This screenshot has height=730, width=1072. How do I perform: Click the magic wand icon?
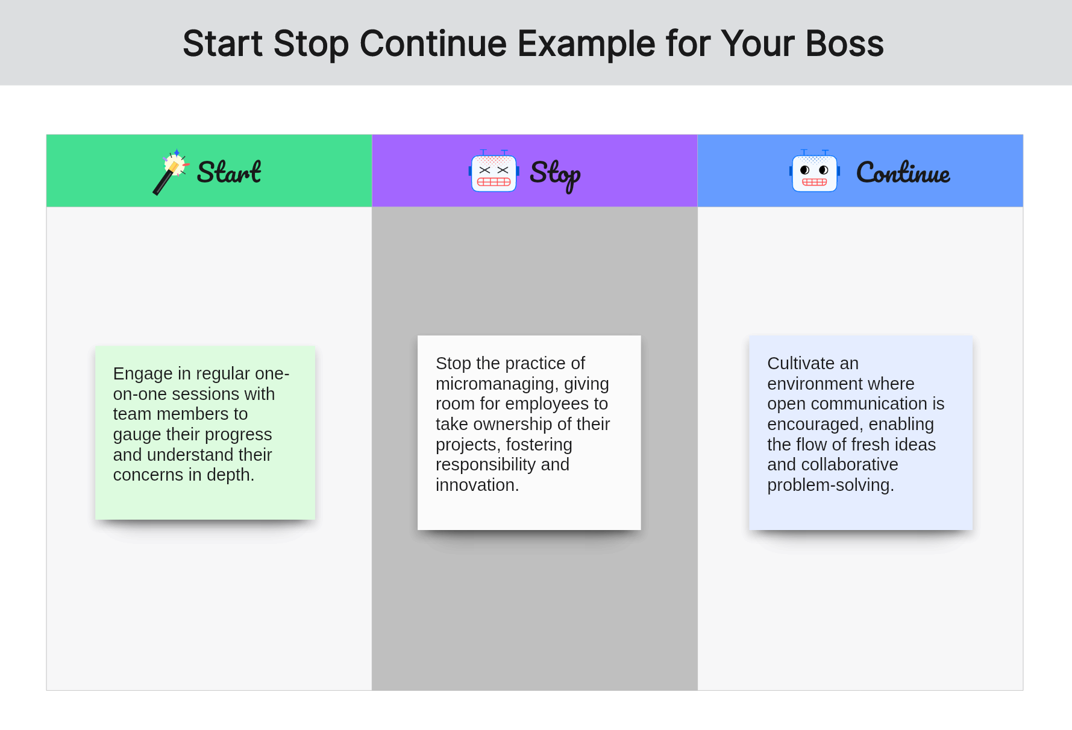[x=171, y=172]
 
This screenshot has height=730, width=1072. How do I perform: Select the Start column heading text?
[x=229, y=172]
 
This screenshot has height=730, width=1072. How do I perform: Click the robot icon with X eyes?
[x=494, y=172]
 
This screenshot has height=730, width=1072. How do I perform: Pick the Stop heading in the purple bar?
[x=555, y=175]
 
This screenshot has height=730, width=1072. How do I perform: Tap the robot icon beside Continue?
[x=815, y=172]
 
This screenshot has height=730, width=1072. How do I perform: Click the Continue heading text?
[x=903, y=173]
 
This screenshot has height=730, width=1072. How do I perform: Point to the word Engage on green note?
[x=143, y=375]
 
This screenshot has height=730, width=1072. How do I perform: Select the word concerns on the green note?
[x=148, y=475]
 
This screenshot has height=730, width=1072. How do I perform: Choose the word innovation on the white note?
[x=477, y=485]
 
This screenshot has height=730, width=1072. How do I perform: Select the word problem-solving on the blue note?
[x=830, y=485]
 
